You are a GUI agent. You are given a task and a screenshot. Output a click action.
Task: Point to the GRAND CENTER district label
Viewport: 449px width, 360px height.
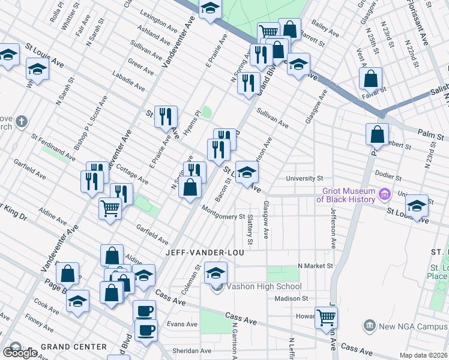click(74, 347)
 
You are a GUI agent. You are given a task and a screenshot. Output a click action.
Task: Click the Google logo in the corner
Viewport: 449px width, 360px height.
click(20, 353)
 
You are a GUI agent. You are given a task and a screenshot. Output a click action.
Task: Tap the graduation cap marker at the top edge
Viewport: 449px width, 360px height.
click(210, 8)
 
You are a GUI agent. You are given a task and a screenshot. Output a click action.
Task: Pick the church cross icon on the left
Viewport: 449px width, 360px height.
click(22, 122)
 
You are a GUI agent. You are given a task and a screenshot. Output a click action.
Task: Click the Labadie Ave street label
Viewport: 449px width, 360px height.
click(128, 82)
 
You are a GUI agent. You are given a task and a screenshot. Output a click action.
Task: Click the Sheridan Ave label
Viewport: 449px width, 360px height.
click(194, 351)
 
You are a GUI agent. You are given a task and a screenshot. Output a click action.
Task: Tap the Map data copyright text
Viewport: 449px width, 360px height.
click(424, 355)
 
